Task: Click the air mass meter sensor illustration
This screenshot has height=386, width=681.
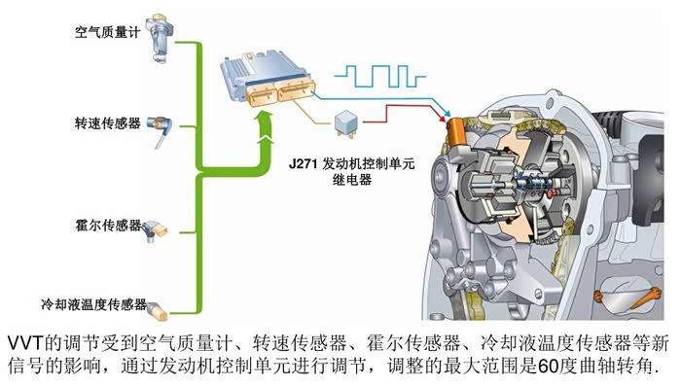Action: pyautogui.click(x=161, y=38)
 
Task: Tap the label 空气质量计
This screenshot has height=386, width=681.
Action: pyautogui.click(x=107, y=32)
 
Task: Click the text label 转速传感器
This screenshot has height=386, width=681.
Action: pyautogui.click(x=108, y=123)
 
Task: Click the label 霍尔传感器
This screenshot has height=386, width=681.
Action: pyautogui.click(x=108, y=226)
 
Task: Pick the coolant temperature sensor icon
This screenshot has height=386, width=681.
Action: pyautogui.click(x=158, y=309)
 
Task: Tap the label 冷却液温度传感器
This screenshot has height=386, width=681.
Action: pyautogui.click(x=94, y=304)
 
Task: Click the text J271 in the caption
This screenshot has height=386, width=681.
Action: pyautogui.click(x=304, y=164)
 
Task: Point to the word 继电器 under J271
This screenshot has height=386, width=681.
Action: pyautogui.click(x=352, y=180)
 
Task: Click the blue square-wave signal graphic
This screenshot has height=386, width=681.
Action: pyautogui.click(x=379, y=77)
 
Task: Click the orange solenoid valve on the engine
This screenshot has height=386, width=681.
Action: pyautogui.click(x=457, y=130)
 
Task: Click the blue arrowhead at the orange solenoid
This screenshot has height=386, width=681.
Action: pyautogui.click(x=446, y=112)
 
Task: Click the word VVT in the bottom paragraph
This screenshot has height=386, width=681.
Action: pyautogui.click(x=25, y=344)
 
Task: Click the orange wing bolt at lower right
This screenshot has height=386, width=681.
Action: pyautogui.click(x=628, y=297)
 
